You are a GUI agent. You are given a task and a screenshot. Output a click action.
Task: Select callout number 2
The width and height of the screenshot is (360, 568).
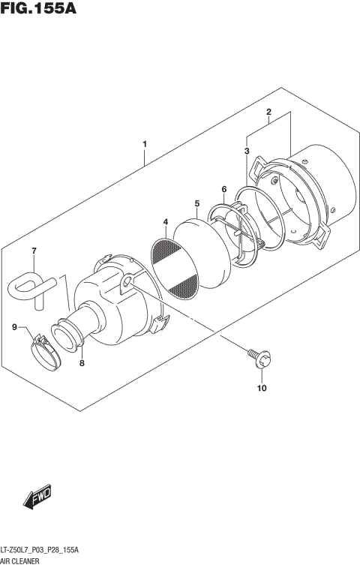268,112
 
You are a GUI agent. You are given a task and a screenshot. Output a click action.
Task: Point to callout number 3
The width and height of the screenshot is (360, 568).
246,151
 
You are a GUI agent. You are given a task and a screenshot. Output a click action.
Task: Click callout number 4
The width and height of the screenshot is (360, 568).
164,222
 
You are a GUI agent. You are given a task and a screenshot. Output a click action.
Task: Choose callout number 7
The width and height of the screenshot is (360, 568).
33,251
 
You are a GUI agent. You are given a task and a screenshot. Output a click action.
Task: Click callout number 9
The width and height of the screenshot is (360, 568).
14,326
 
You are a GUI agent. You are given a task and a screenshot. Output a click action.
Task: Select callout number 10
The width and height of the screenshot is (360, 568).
262,389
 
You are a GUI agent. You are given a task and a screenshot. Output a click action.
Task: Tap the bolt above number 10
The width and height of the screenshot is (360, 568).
257,358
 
